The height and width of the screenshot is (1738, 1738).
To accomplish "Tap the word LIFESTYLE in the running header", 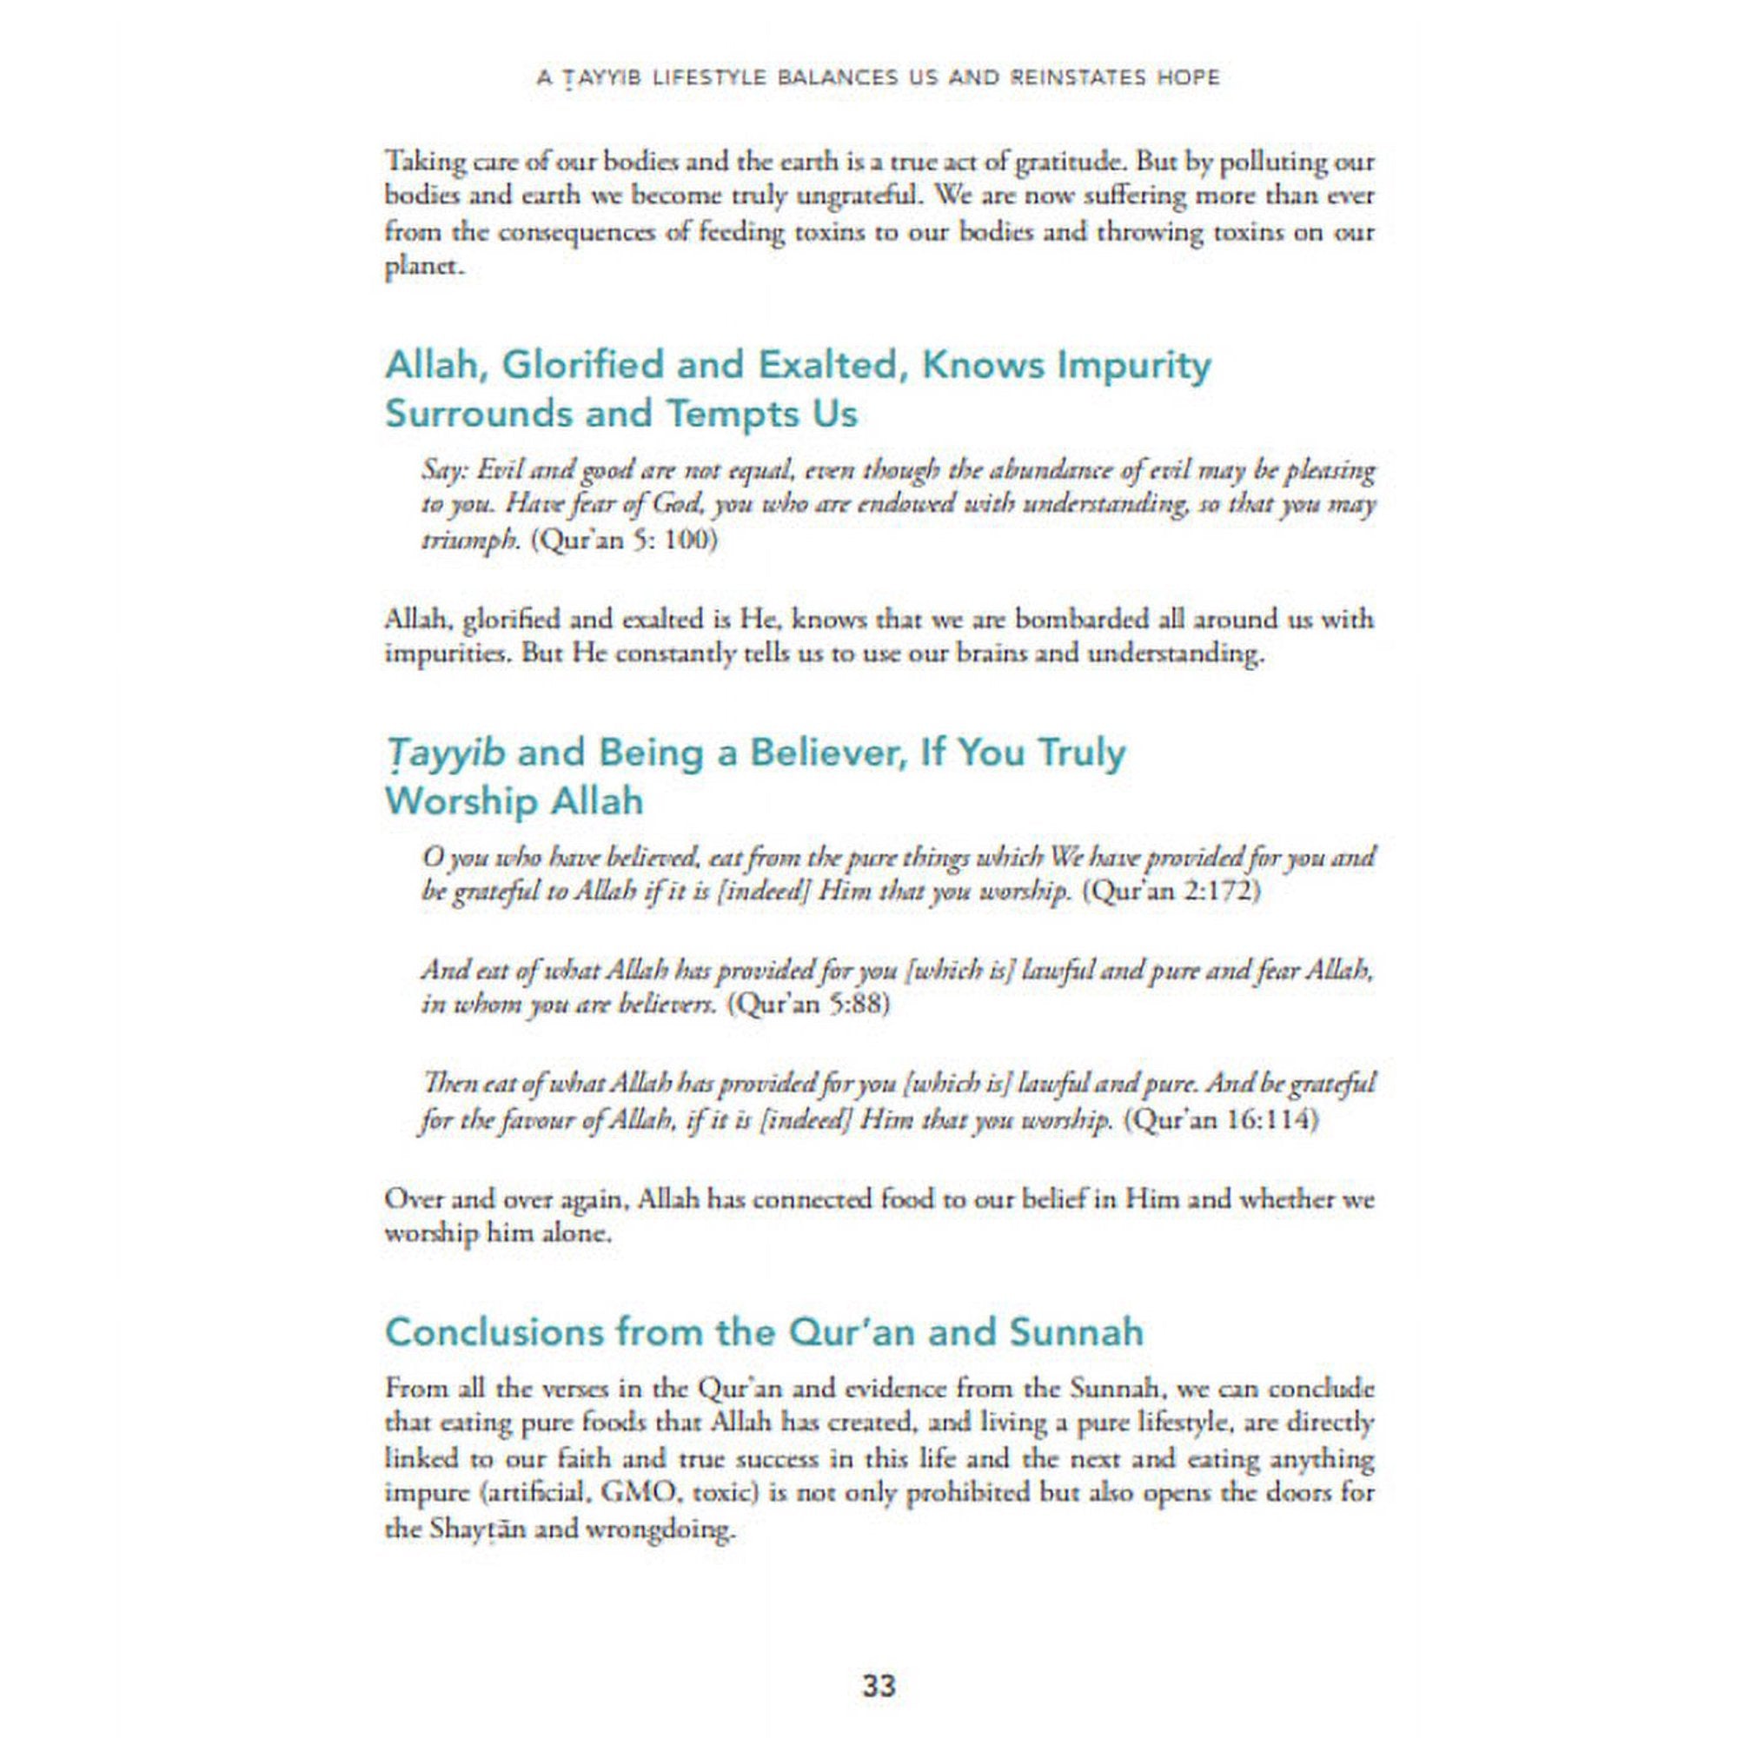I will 692,78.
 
